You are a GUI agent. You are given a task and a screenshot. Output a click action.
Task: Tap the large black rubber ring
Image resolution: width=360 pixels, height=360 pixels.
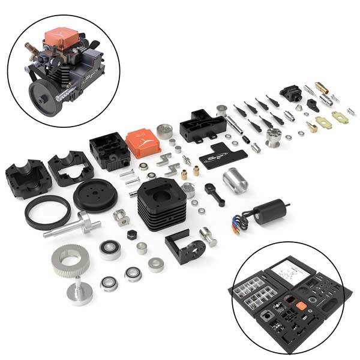(47, 212)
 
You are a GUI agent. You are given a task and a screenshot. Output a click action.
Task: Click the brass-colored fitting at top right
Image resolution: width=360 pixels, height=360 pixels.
(322, 88)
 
